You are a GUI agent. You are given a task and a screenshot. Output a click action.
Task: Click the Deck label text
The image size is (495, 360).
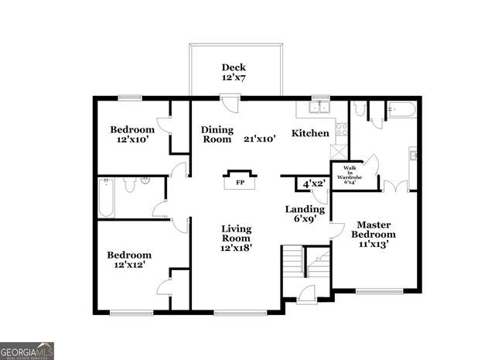click(234, 67)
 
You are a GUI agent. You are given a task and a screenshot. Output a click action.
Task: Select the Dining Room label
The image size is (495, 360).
click(217, 135)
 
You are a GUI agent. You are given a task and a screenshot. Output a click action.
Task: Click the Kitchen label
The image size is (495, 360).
click(309, 133)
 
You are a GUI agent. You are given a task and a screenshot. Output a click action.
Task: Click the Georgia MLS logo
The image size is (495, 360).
click(27, 351)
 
